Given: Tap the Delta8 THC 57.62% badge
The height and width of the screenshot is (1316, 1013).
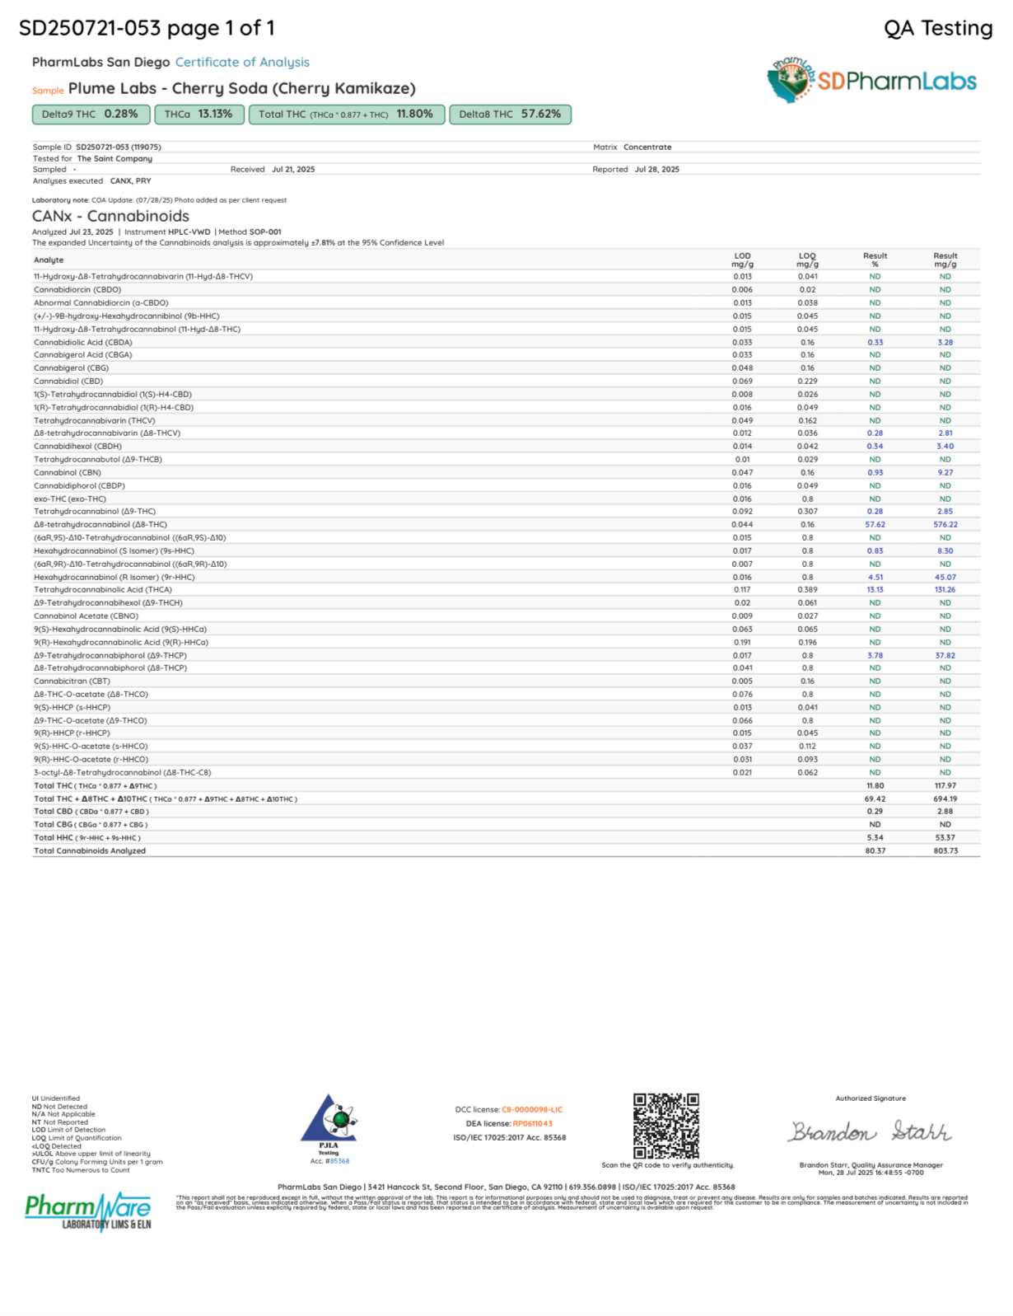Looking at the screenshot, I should pos(510,115).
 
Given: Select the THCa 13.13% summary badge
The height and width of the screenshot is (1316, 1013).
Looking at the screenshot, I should pos(198,115).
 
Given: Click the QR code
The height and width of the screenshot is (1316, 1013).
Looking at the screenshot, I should pos(665,1126).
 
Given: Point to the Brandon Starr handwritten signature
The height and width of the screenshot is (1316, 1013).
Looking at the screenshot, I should pos(871,1132).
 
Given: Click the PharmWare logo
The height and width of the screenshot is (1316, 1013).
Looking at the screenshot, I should pos(88,1211).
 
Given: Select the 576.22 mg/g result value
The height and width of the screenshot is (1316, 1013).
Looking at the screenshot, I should pos(945,525).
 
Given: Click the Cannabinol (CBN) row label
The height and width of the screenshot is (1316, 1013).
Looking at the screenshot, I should pos(68,473).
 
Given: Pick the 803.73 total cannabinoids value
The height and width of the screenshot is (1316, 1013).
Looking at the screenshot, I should pos(945,851).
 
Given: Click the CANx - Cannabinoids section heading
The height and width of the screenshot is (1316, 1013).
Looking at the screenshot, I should pos(110,216).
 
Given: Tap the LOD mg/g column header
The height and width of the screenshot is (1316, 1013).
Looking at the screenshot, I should pos(742,260).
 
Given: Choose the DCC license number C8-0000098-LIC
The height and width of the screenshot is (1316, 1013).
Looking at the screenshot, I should pos(532,1110).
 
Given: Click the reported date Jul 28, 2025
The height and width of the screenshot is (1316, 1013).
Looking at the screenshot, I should pos(656,170).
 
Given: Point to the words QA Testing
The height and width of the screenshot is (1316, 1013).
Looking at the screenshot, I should pos(938,29).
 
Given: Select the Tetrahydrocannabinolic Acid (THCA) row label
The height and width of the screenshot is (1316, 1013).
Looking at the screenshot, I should pos(103,590).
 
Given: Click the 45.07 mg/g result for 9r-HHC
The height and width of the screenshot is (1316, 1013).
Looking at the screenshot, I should pos(945,578).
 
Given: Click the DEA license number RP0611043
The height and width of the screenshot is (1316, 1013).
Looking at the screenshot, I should pos(532,1124).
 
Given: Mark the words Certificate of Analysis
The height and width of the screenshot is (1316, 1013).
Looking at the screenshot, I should pos(242,63).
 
